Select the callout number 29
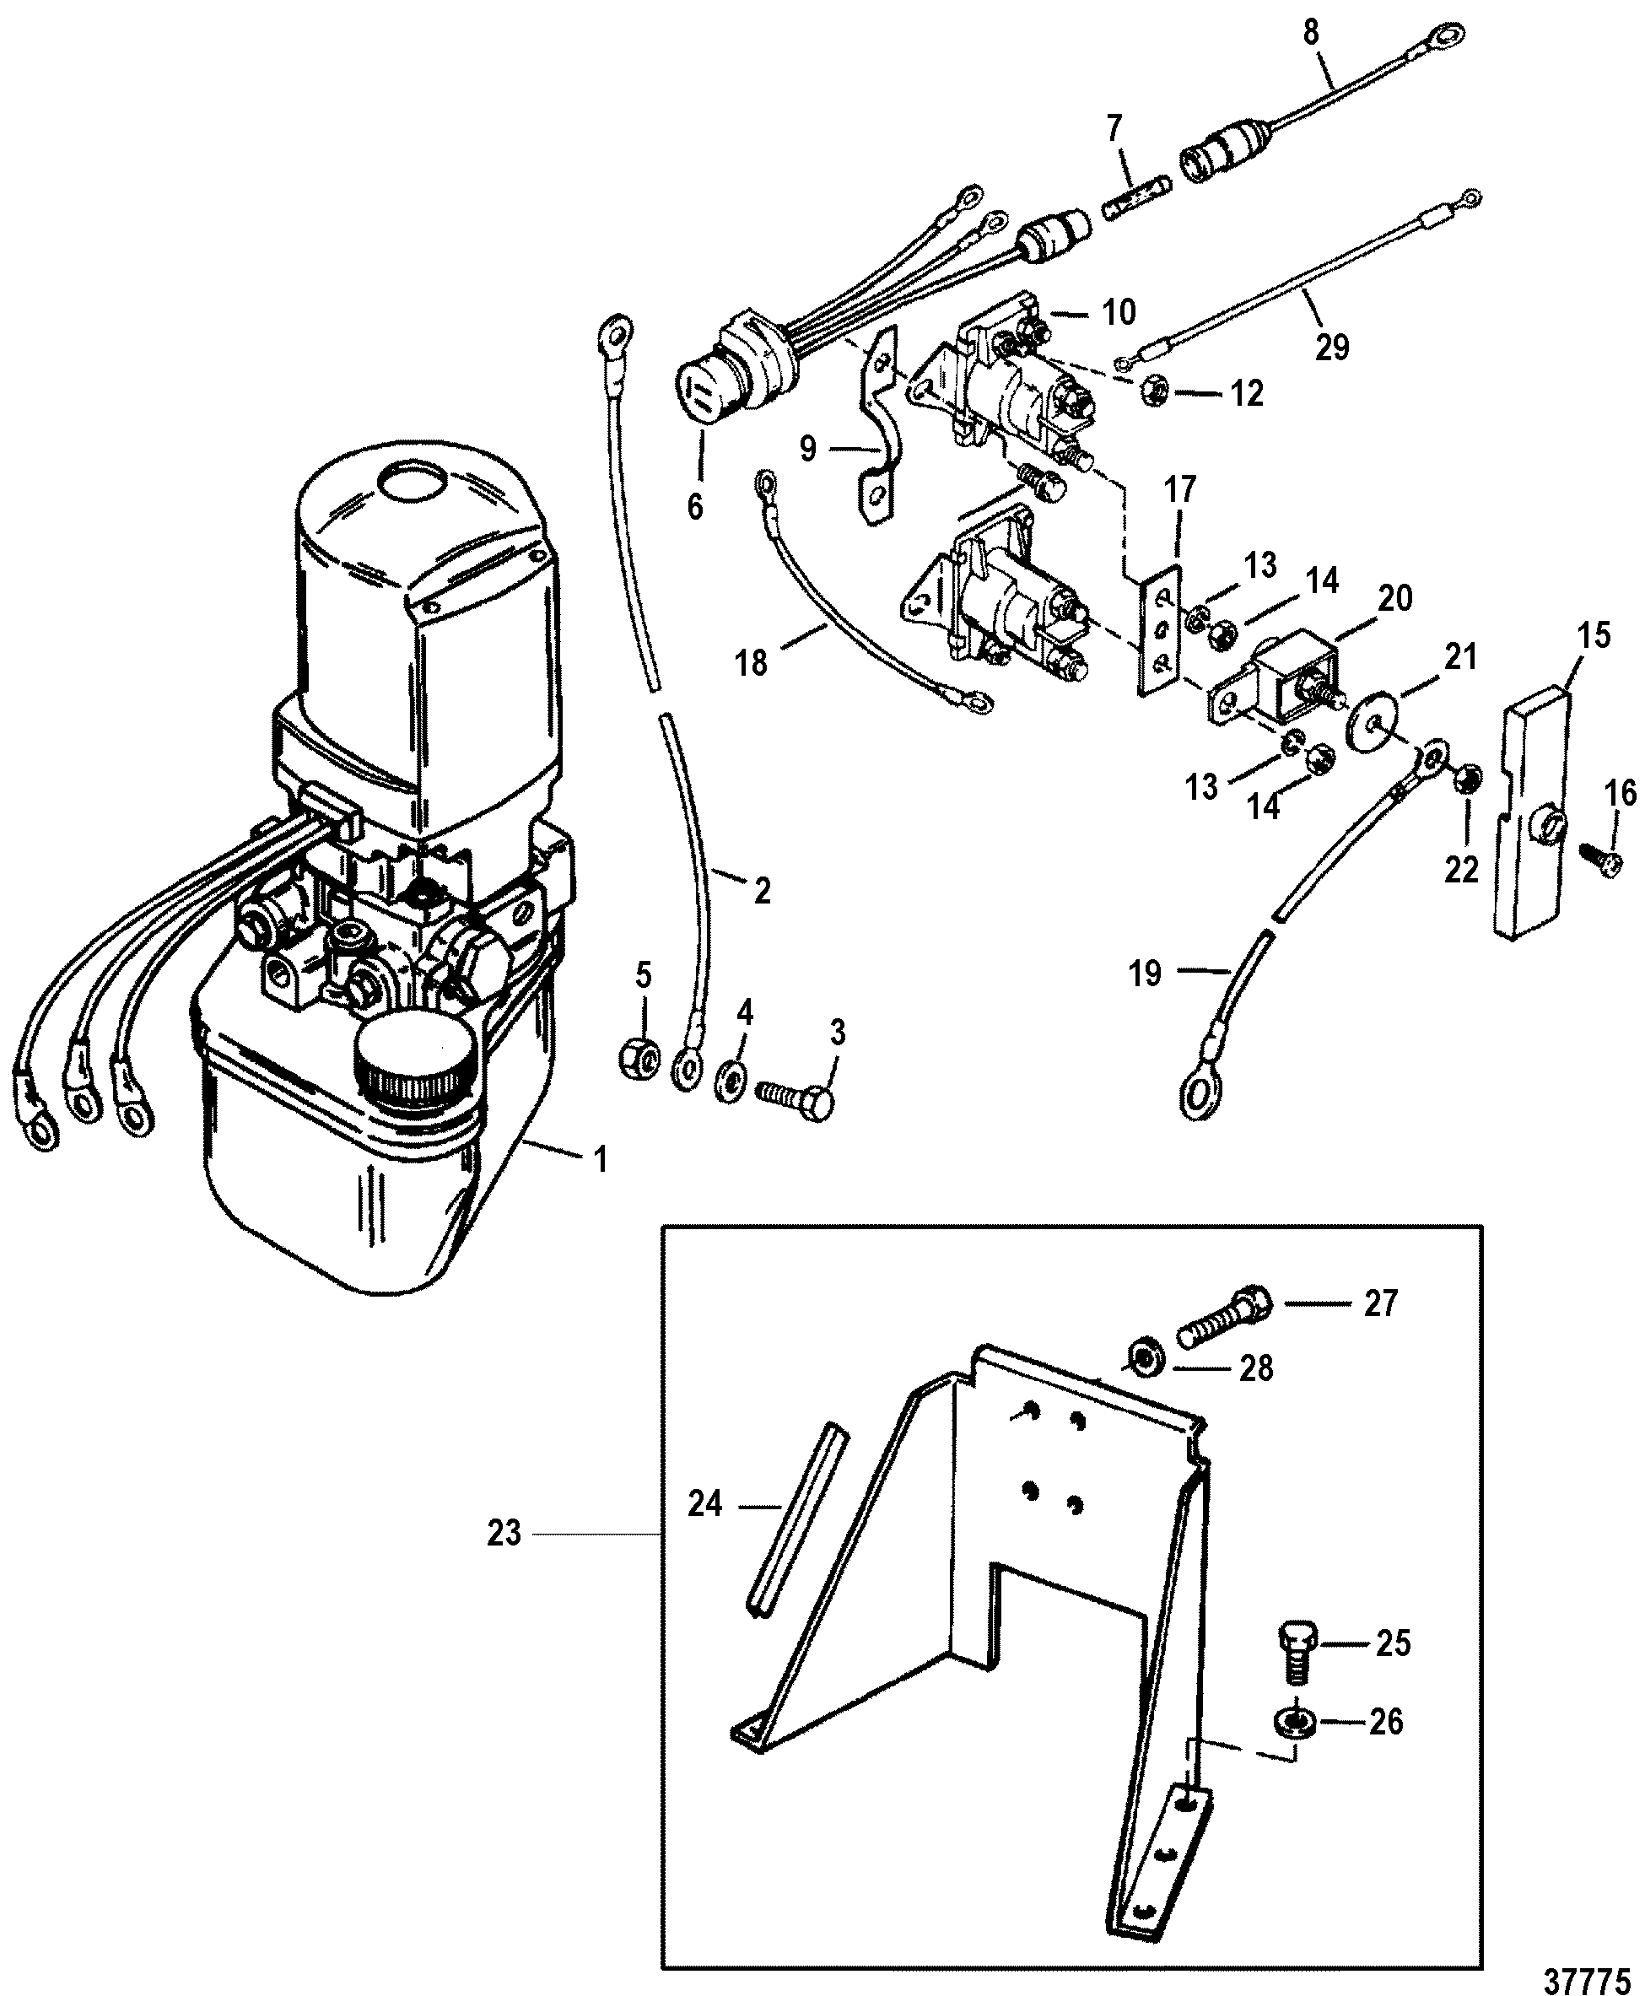pyautogui.click(x=1331, y=348)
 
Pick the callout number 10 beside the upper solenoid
pyautogui.click(x=1119, y=312)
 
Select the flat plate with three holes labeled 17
pyautogui.click(x=1159, y=630)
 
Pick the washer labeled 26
pyautogui.click(x=1294, y=1723)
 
